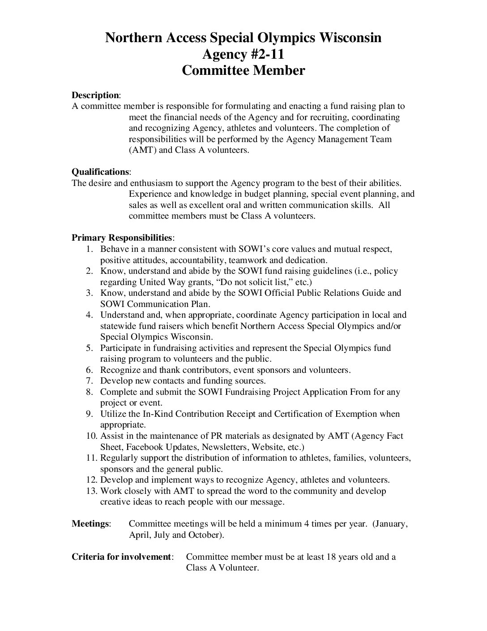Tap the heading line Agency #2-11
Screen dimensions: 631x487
click(243, 54)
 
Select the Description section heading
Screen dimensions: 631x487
click(95, 95)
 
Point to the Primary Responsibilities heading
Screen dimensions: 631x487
click(122, 238)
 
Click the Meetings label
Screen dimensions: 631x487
click(91, 523)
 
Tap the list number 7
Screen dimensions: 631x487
click(90, 381)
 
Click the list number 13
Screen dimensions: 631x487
click(91, 491)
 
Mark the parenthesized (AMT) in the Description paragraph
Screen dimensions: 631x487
click(142, 150)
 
